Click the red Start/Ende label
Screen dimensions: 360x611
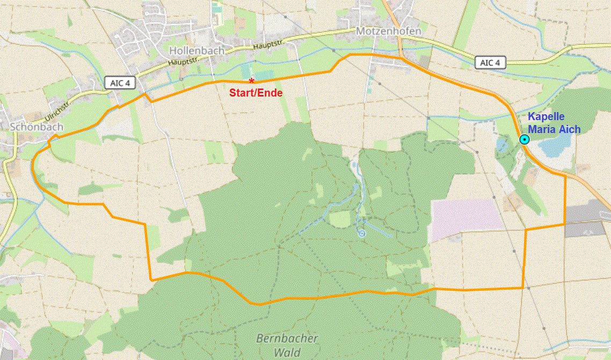coord(256,93)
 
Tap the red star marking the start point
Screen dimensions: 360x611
coord(251,81)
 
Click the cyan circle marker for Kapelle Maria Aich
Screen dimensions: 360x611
coord(524,139)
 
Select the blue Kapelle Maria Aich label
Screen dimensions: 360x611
coord(554,123)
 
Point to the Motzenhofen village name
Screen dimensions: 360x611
coord(388,31)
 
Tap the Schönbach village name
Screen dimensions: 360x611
coord(37,127)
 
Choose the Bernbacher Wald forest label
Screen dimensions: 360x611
coord(287,346)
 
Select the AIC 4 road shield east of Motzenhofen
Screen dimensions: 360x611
coord(490,63)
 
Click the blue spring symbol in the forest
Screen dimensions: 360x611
coord(362,233)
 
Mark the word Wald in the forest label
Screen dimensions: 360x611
coord(287,352)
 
